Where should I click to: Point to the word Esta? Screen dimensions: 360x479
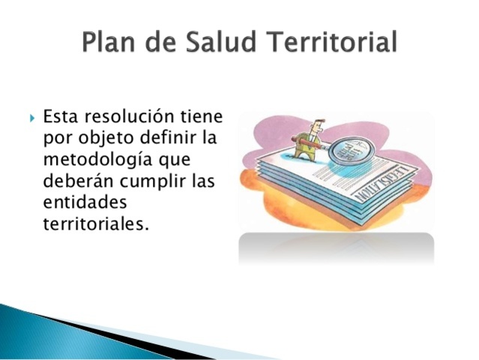(x=61, y=118)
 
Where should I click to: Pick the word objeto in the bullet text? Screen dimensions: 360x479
(x=103, y=139)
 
